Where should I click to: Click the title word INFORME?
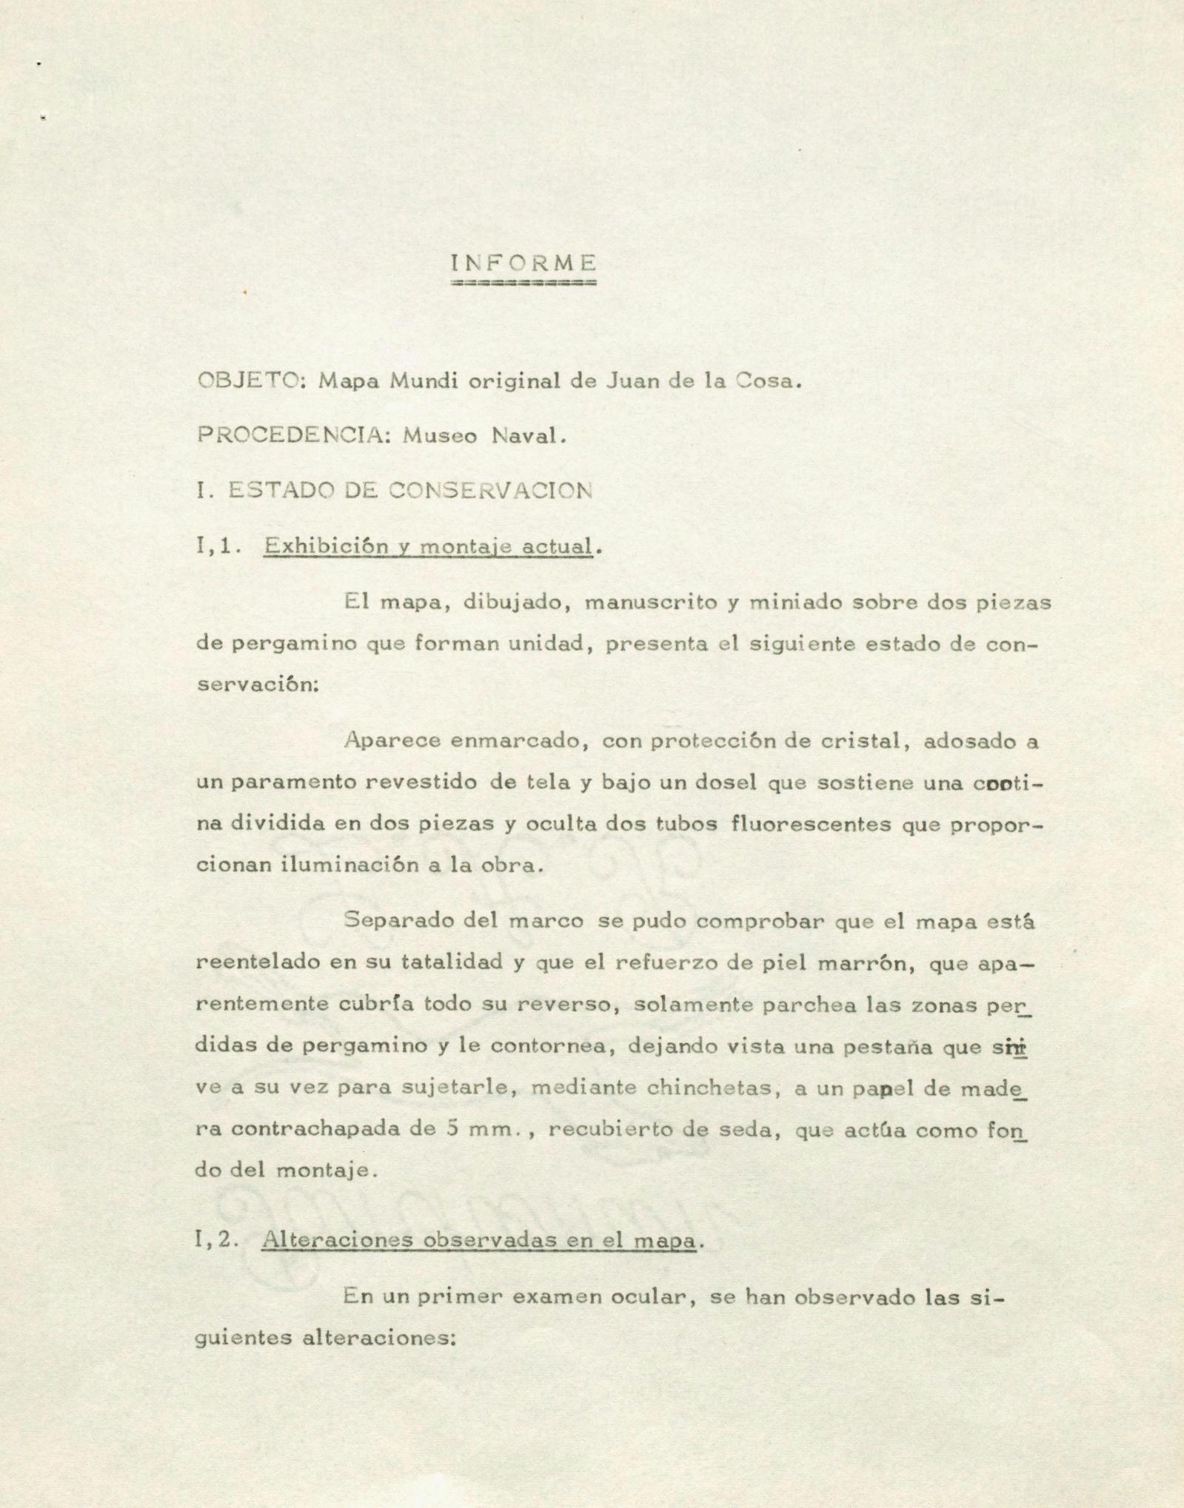tap(524, 263)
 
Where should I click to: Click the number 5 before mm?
tap(454, 1130)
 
